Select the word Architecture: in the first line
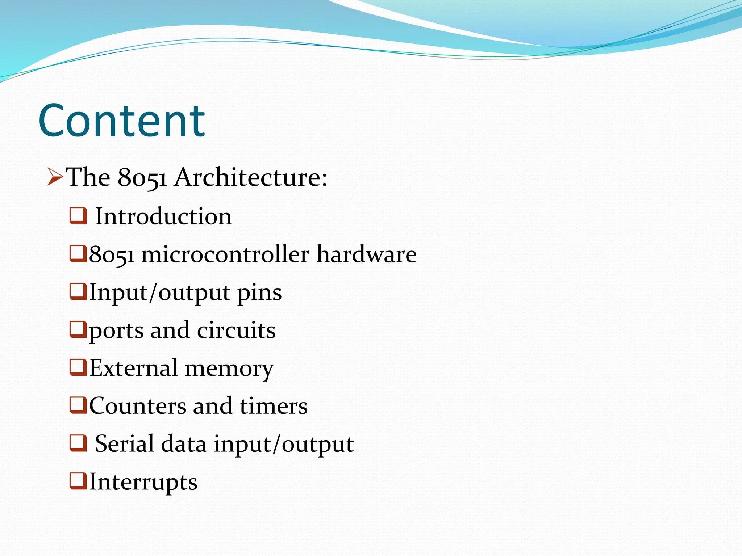click(x=251, y=177)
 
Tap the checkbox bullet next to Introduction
click(x=78, y=216)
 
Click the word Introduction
click(x=163, y=216)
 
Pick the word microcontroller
click(x=225, y=254)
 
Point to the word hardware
click(x=367, y=254)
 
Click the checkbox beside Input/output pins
click(x=78, y=292)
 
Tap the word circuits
click(x=236, y=330)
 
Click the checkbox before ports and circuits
click(x=78, y=330)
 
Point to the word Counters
click(x=137, y=406)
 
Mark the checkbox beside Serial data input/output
click(x=78, y=444)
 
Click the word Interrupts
click(x=143, y=483)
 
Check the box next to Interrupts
click(x=78, y=481)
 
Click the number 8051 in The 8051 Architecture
click(x=142, y=178)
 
